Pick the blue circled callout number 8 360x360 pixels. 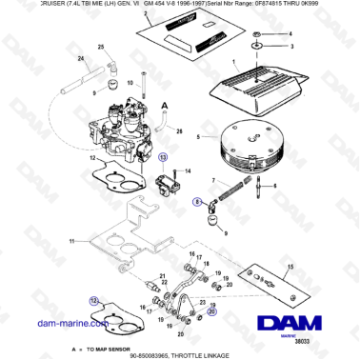(197, 201)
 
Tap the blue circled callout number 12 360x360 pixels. (93, 299)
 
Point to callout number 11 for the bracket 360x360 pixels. (89, 242)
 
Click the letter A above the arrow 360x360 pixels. (165, 107)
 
